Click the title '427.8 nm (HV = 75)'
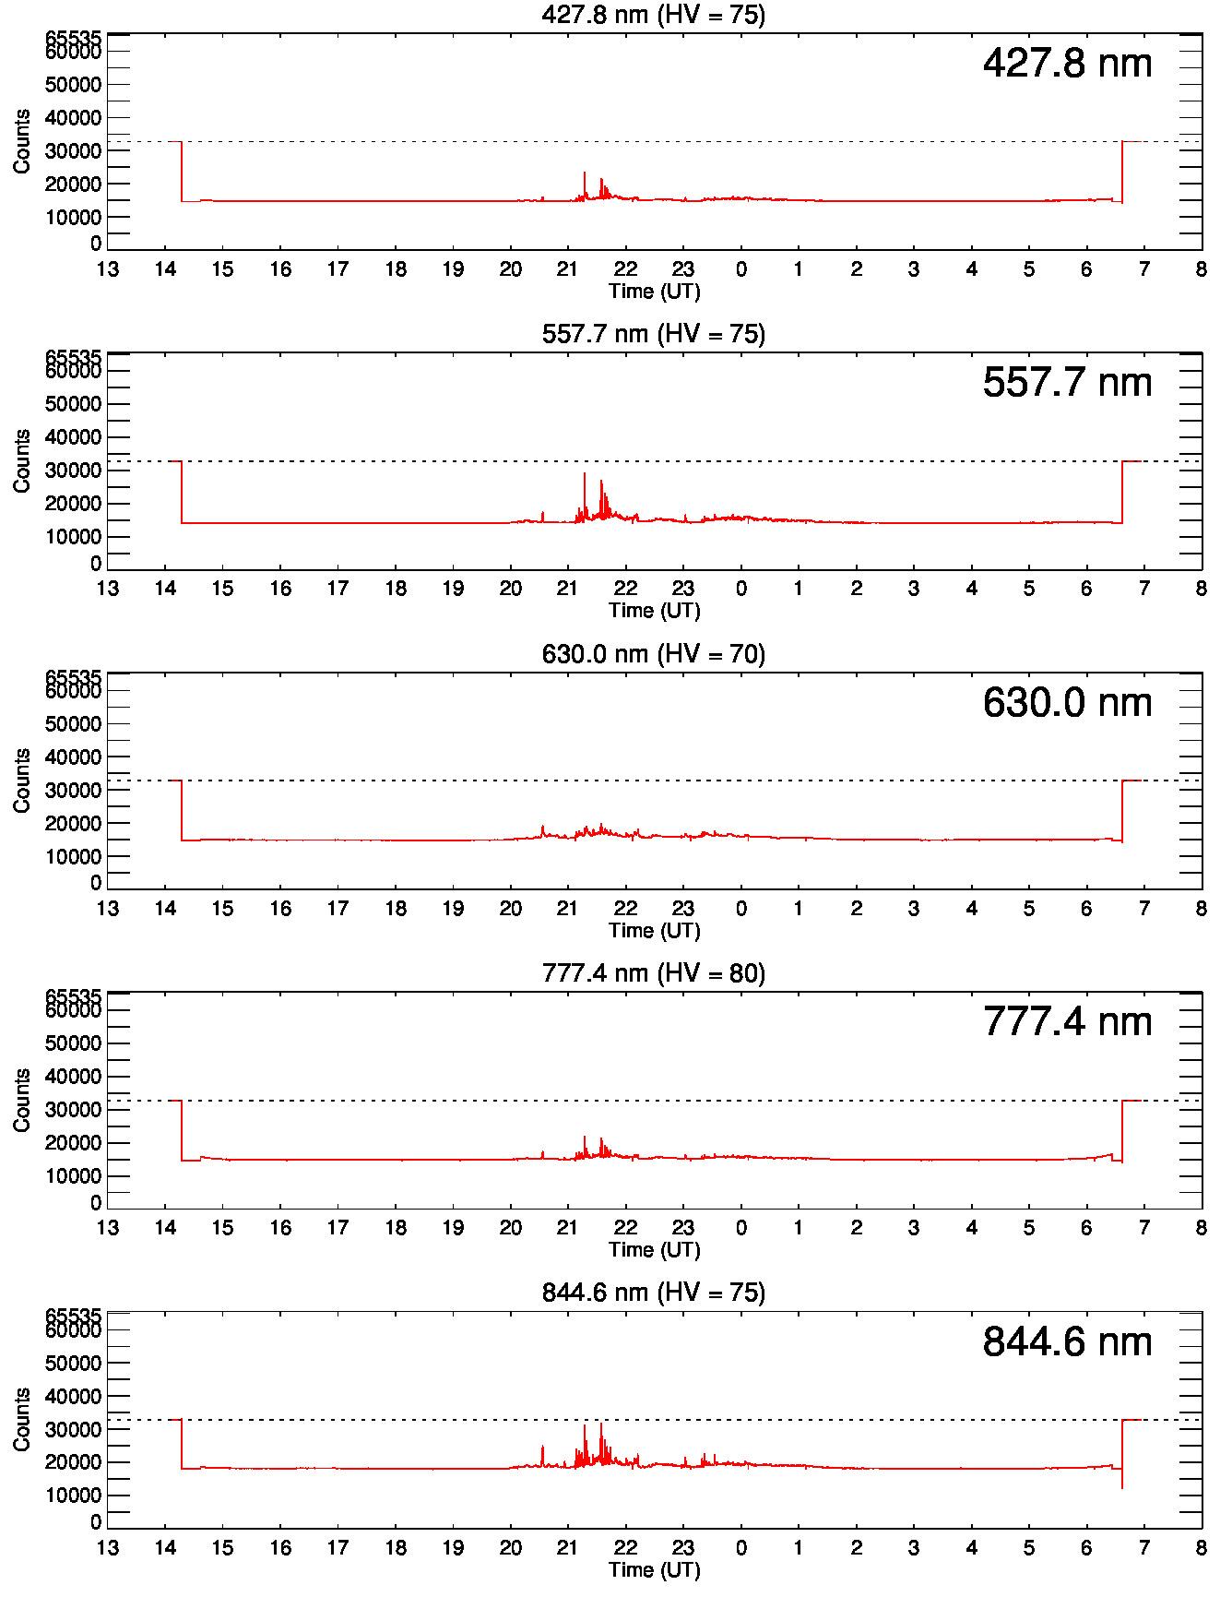653,15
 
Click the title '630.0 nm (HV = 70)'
653,654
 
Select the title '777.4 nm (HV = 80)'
653,973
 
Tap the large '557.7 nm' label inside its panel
1067,383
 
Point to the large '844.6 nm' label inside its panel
1067,1342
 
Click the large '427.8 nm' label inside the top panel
1067,64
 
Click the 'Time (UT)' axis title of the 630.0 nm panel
654,930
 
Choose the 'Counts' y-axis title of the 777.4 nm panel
22,1100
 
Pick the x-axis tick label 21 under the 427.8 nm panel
568,269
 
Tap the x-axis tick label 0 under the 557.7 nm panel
740,589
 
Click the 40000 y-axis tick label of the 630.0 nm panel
73,757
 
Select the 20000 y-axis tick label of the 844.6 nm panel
73,1462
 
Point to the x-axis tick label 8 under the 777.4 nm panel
1201,1228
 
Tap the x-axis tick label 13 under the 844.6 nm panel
108,1548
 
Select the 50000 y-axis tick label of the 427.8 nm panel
73,85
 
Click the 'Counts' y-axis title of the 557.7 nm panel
22,460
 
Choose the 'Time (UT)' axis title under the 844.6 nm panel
654,1569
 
